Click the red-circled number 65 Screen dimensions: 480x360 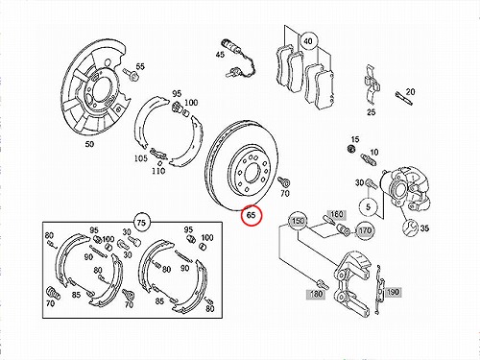pos(252,215)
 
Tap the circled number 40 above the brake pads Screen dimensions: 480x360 pos(307,41)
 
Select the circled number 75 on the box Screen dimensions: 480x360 pos(141,222)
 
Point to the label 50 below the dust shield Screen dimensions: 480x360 pos(89,144)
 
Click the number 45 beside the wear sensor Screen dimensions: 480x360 pos(220,55)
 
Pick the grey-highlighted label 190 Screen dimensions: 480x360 pos(393,292)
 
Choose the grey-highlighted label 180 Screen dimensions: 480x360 pos(316,294)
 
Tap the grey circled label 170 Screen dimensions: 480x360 pos(365,230)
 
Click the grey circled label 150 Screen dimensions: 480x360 pos(298,221)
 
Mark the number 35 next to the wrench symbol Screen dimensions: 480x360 pos(424,228)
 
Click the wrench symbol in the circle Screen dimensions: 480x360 pos(410,228)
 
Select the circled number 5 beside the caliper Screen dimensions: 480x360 pos(368,206)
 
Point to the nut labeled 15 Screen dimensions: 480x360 pos(351,149)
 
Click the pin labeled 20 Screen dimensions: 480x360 pos(403,98)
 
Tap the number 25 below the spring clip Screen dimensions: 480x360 pos(371,112)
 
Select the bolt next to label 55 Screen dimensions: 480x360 pos(131,74)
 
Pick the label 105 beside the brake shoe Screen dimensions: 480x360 pos(140,158)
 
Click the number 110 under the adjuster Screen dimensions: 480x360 pos(158,171)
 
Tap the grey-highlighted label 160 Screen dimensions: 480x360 pos(336,214)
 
